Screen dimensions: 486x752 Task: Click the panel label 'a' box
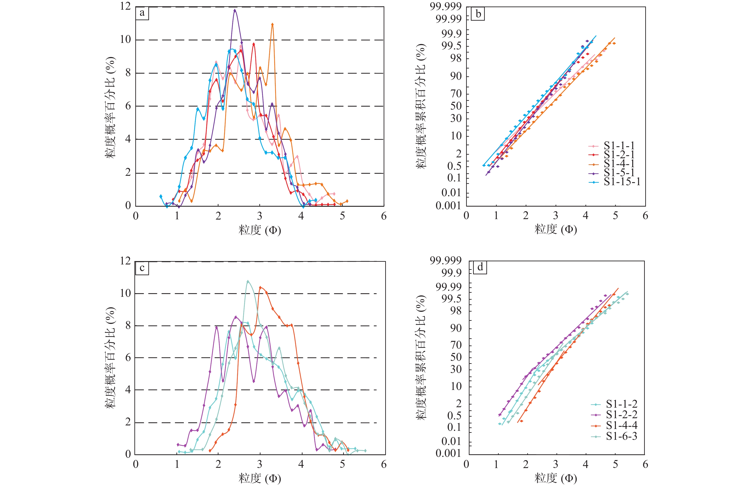click(142, 13)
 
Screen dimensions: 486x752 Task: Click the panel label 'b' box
click(478, 14)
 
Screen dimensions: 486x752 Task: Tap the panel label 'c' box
click(142, 268)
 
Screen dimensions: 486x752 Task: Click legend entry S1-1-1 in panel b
click(619, 145)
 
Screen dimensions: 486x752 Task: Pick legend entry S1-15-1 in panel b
click(621, 182)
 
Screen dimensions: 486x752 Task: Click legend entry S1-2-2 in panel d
click(621, 414)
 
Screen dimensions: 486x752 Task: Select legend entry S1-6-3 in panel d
click(621, 436)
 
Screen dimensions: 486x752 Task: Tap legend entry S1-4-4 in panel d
click(621, 425)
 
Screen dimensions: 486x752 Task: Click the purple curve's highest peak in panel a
click(235, 10)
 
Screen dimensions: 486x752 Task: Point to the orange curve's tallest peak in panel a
click(272, 24)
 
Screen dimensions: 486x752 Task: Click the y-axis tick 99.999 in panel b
click(445, 6)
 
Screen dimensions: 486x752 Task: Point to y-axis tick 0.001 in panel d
click(448, 453)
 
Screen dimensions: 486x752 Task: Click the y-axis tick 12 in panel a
click(125, 6)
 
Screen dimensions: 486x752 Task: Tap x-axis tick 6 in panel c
click(384, 464)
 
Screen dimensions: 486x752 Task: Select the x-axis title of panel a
click(260, 230)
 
